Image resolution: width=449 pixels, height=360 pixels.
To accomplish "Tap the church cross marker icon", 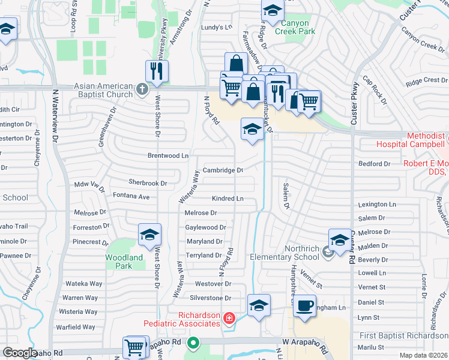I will point(142,90).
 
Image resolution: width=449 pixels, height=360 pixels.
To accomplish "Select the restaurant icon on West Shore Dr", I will point(157,71).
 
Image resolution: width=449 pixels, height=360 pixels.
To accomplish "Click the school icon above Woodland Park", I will point(149,235).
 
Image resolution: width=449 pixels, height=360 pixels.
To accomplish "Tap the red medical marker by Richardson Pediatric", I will point(229,318).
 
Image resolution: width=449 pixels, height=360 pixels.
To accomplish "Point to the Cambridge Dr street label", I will point(222,170).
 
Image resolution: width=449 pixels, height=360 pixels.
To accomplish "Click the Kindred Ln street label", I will point(228,198).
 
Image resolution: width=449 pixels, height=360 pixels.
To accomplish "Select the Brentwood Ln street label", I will point(168,155).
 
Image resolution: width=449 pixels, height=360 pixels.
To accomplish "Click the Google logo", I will point(20,352).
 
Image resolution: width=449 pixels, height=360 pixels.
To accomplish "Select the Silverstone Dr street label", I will point(210,298).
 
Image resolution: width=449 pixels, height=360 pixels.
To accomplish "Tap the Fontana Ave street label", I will point(131,196).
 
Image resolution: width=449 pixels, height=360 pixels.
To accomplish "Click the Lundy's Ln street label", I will point(216,27).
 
